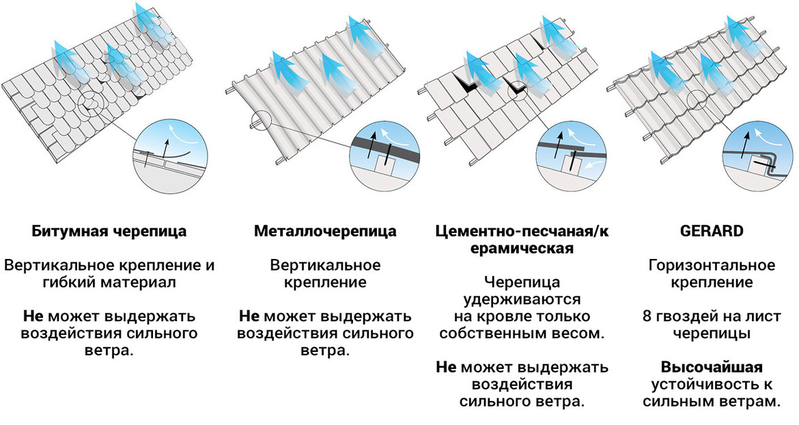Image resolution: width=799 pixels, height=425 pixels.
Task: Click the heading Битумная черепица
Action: pyautogui.click(x=109, y=231)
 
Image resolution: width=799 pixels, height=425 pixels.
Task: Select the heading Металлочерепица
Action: pyautogui.click(x=325, y=231)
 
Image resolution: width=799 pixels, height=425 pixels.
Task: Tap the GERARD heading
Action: pyautogui.click(x=712, y=231)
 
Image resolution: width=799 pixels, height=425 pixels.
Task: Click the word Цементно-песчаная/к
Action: pyautogui.click(x=521, y=231)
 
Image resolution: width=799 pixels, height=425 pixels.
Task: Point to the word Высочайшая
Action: pyautogui.click(x=712, y=367)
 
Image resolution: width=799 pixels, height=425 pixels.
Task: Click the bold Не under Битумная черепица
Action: pyautogui.click(x=33, y=317)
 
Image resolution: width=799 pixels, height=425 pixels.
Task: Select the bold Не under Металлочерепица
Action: pyautogui.click(x=249, y=317)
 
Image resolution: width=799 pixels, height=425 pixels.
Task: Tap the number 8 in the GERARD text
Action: pyautogui.click(x=646, y=317)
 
